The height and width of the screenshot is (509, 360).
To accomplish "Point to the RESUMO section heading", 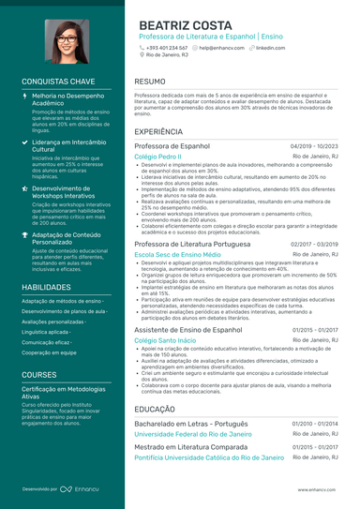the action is [x=151, y=82].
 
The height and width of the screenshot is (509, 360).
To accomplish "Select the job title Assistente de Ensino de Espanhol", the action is [x=194, y=330].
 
